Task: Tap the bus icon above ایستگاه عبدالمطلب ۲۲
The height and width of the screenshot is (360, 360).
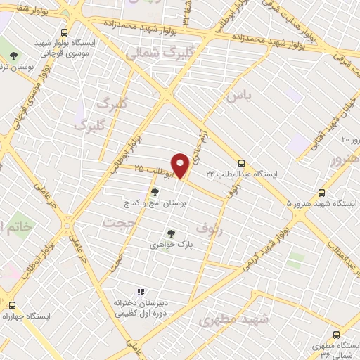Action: point(242,161)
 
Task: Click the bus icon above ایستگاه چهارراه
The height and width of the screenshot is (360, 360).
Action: point(12,305)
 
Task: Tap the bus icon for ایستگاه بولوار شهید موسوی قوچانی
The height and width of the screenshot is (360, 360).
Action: point(65,32)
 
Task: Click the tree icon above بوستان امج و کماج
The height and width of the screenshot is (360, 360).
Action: point(155,190)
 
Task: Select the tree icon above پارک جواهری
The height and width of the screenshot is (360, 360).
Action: point(169,233)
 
